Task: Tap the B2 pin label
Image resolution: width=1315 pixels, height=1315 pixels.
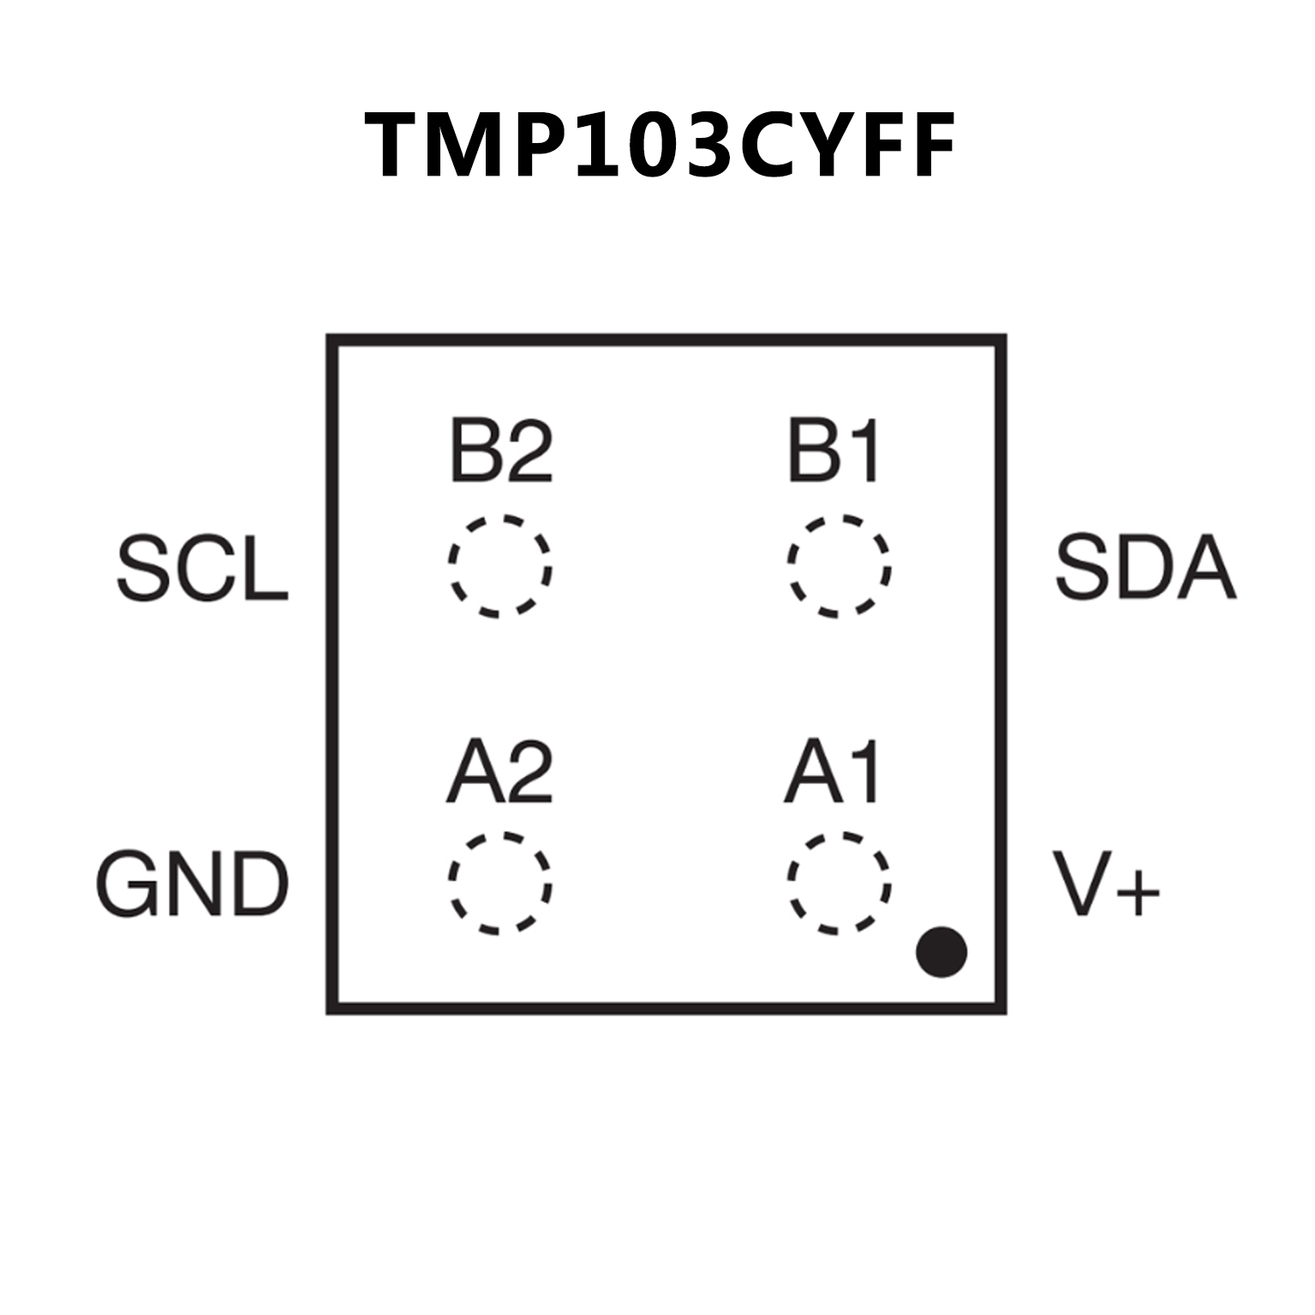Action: [x=501, y=451]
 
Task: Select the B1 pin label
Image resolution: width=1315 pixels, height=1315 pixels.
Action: [x=834, y=451]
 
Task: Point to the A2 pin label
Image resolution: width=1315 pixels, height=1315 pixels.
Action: [x=499, y=772]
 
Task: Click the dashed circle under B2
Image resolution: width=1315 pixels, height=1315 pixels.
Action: [x=451, y=565]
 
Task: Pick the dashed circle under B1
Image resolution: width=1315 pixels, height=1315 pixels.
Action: [x=790, y=565]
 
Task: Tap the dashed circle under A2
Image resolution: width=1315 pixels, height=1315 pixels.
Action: [x=451, y=882]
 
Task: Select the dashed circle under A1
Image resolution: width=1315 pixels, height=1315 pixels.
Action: [x=790, y=882]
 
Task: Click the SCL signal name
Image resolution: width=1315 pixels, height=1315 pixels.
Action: [x=202, y=568]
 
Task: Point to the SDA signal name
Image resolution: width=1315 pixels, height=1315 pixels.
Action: [x=1145, y=566]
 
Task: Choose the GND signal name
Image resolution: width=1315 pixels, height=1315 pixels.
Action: [x=192, y=883]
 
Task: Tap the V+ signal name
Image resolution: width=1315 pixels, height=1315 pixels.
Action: [x=1107, y=883]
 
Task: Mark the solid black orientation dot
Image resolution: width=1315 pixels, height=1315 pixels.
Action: [x=941, y=952]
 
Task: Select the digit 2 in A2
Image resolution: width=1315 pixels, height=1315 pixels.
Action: [x=529, y=772]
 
